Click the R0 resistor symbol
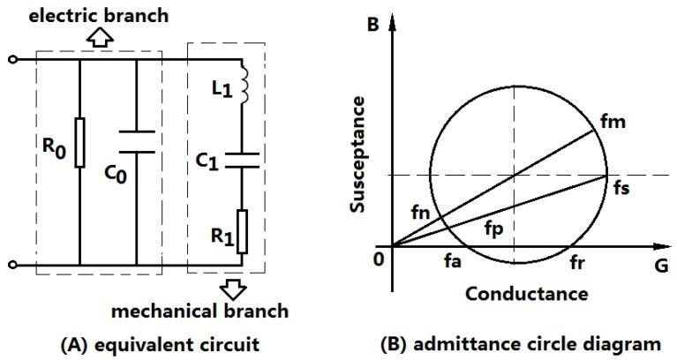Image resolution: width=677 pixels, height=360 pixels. coord(79,141)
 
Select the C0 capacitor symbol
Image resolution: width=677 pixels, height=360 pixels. coord(137,141)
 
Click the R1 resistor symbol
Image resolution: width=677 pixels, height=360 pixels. coord(242,231)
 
